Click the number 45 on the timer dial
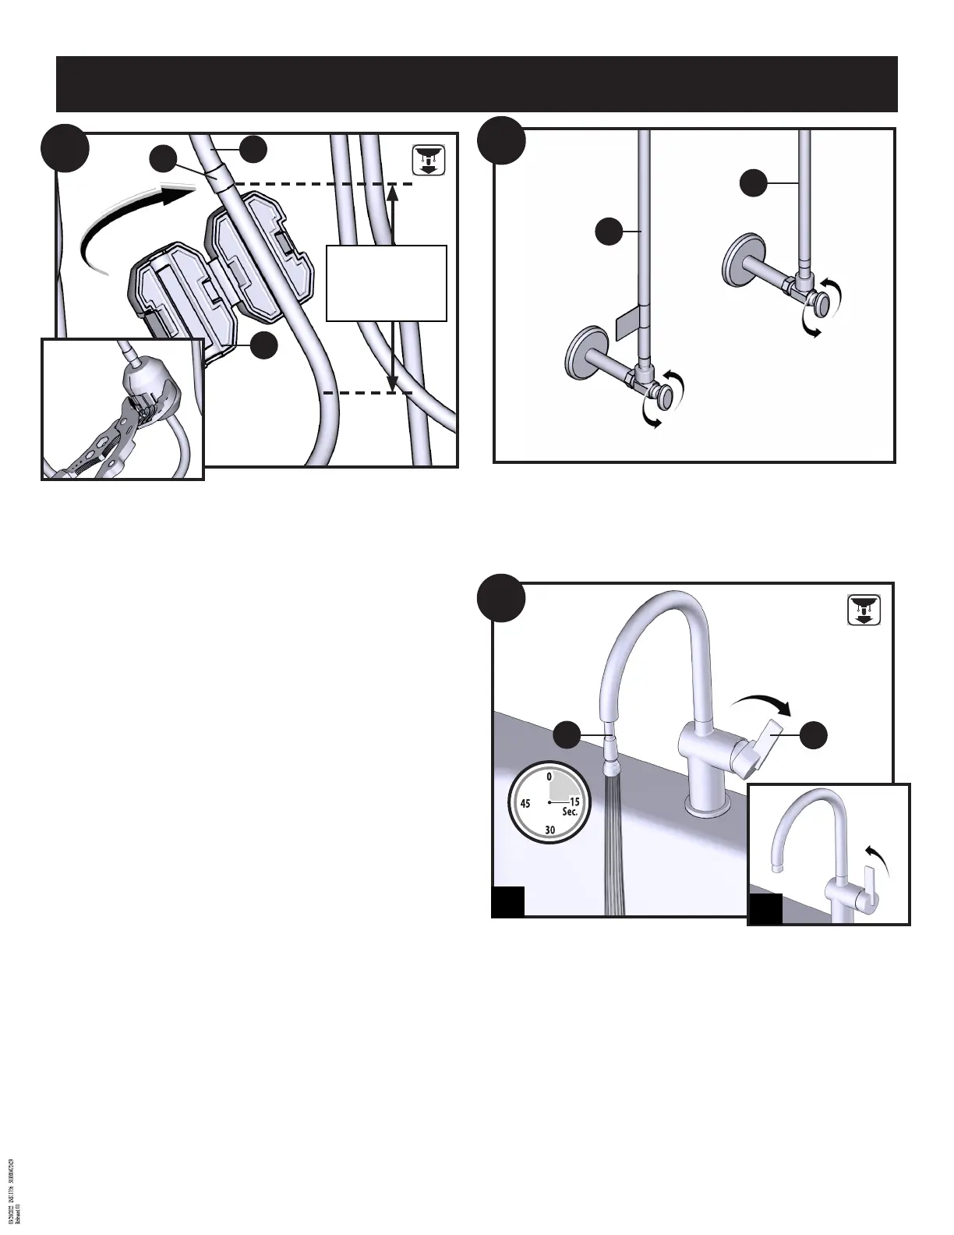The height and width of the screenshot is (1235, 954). coord(525,803)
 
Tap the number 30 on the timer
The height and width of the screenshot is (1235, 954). coord(550,830)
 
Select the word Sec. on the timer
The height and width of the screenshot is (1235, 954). coord(570,812)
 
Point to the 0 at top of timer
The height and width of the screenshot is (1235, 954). coord(549,777)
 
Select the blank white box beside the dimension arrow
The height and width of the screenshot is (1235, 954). coord(386,283)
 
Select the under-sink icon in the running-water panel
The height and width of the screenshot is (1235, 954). coord(864,610)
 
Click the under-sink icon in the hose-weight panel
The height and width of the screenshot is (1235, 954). coord(428,160)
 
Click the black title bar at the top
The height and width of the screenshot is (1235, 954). coord(477,84)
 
